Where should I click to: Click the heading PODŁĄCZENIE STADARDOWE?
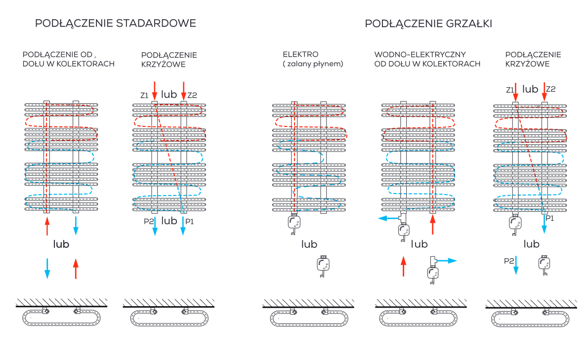point(116,24)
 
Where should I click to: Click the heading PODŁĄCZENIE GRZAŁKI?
point(428,24)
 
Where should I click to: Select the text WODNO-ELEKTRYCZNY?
point(420,54)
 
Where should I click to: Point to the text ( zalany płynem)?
point(313,64)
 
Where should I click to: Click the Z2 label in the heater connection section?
point(550,89)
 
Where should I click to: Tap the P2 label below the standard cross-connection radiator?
point(149,221)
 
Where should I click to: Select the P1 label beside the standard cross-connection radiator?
point(189,221)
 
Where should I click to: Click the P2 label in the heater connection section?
point(509,260)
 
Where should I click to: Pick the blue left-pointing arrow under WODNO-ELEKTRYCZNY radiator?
point(388,218)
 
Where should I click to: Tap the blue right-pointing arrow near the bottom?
point(448,260)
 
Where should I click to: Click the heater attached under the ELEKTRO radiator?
point(295,224)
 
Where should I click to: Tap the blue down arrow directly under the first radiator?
point(76,225)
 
